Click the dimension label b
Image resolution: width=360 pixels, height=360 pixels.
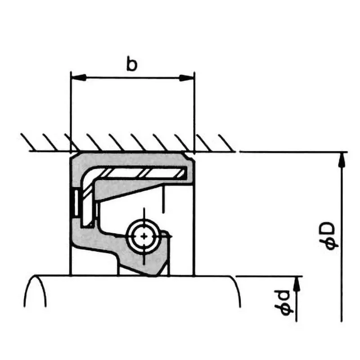click(x=131, y=65)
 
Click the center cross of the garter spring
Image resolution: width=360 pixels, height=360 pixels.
click(x=144, y=236)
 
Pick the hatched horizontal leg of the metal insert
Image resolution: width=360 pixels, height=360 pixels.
click(x=144, y=172)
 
